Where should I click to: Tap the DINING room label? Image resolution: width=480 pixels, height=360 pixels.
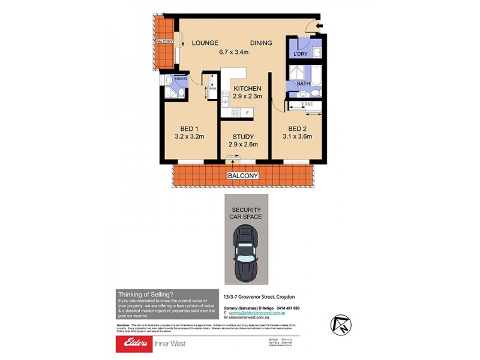click(x=261, y=43)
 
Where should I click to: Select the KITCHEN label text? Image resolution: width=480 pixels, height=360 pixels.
click(x=248, y=89)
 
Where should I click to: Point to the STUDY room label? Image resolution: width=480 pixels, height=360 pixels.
click(x=243, y=136)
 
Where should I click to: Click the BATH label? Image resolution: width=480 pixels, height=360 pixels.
click(x=303, y=84)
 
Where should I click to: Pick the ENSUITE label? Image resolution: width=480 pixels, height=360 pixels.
click(x=181, y=79)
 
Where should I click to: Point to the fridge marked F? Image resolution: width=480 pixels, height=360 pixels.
click(x=247, y=112)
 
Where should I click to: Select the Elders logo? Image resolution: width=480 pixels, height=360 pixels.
click(x=139, y=344)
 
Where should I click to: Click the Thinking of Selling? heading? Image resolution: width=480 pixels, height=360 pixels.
click(x=146, y=293)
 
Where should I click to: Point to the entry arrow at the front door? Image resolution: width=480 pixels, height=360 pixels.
click(x=318, y=25)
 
